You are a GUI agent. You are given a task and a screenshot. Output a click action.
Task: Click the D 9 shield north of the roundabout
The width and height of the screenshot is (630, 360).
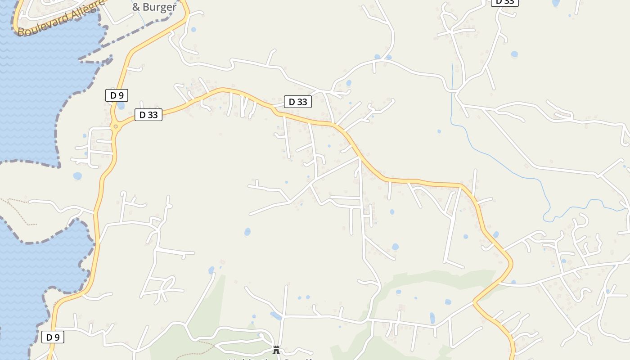117,95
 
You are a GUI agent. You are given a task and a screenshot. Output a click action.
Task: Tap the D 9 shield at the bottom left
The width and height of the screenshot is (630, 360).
53,337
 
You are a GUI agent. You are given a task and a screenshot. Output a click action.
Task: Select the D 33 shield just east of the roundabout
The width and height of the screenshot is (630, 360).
148,115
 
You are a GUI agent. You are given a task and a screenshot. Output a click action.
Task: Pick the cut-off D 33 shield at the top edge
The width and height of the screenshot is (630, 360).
504,2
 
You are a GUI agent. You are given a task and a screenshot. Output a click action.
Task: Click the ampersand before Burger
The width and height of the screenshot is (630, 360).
136,7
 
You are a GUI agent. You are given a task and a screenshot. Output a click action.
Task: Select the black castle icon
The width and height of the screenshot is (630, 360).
276,350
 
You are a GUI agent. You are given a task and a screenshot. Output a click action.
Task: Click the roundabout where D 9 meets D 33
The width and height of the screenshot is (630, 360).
116,126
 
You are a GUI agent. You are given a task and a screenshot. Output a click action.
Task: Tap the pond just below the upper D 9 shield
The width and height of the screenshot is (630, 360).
121,106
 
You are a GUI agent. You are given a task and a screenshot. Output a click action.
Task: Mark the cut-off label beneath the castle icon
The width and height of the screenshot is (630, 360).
270,359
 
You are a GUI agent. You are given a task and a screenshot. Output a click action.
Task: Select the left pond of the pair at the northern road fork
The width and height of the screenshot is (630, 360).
377,57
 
